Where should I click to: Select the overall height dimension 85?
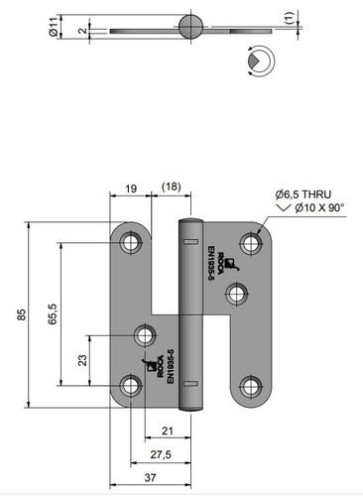(21, 314)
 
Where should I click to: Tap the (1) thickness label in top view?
(289, 17)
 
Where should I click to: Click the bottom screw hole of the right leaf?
(250, 387)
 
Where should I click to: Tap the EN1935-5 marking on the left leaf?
(170, 364)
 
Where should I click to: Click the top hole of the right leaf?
(250, 241)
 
